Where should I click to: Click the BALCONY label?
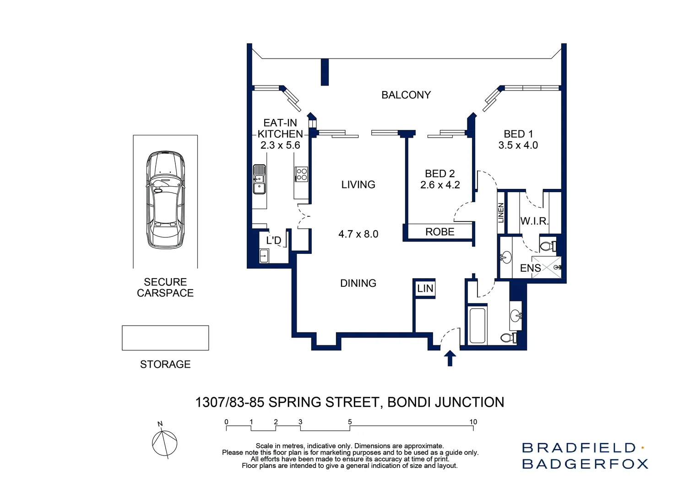[406, 95]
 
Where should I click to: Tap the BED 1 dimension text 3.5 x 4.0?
[518, 145]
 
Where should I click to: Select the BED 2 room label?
[440, 174]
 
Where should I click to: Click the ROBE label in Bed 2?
[440, 232]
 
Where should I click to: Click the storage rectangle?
[165, 338]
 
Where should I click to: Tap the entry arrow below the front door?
[450, 358]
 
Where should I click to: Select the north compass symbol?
[164, 442]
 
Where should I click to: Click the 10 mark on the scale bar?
[473, 422]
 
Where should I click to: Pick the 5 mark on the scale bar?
[350, 422]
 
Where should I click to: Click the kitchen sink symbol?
[259, 179]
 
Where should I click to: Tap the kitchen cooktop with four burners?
[301, 174]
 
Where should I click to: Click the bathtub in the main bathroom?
[478, 325]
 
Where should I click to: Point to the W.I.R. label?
[534, 221]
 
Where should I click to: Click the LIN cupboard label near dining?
[425, 289]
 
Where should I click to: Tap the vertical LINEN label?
[501, 213]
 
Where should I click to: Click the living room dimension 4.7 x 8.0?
[358, 234]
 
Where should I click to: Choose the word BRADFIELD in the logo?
[579, 448]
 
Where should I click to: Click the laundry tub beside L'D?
[264, 256]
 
